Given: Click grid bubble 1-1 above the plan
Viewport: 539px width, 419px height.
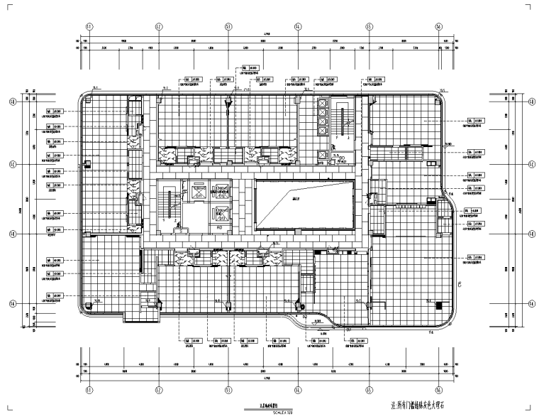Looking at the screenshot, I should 89,26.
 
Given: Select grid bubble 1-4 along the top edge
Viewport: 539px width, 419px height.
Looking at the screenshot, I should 299,26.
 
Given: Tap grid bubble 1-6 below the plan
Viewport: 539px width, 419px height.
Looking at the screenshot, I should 439,389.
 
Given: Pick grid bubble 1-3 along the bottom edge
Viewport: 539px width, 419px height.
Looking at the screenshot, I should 228,389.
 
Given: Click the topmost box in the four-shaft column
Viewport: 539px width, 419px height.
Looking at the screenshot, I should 323,104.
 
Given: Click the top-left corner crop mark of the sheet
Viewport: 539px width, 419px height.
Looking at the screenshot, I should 10,7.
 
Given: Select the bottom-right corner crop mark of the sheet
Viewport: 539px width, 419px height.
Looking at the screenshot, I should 529,410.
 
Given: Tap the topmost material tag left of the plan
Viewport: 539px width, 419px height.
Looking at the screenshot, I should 53,111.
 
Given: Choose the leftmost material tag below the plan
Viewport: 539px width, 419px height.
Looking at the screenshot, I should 192,342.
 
